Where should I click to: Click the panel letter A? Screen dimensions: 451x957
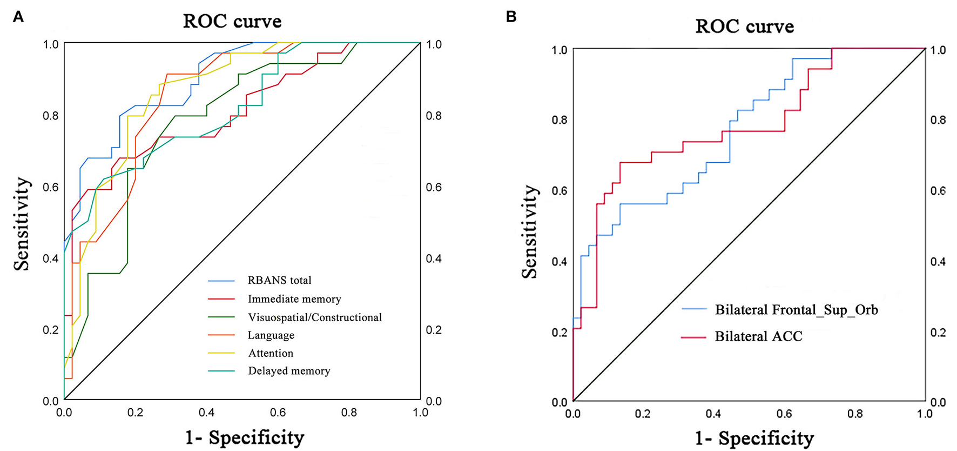(18, 17)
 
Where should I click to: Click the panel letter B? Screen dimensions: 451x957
(511, 17)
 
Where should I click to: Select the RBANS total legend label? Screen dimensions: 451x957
(279, 280)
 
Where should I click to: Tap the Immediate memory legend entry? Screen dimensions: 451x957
(294, 299)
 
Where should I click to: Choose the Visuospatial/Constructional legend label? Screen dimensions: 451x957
(314, 317)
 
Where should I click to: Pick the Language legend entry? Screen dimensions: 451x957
(271, 335)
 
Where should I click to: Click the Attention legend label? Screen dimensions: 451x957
(271, 353)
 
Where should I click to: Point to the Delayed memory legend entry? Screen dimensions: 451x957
(288, 371)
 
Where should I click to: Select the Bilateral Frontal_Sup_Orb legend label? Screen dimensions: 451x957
(796, 310)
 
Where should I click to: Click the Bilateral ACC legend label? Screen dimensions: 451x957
(758, 336)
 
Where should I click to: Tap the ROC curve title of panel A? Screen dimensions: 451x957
(232, 22)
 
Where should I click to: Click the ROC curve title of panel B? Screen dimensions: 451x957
(744, 26)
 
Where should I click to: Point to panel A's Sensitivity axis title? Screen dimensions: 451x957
(22, 223)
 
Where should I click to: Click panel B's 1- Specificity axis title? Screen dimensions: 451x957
(754, 437)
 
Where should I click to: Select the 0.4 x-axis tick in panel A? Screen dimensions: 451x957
(207, 413)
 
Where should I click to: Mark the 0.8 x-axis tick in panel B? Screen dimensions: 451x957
(855, 414)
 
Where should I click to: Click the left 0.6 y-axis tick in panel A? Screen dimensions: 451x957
(50, 187)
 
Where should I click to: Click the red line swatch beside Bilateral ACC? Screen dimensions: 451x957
(693, 337)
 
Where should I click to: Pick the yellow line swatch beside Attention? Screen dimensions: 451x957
(221, 353)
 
